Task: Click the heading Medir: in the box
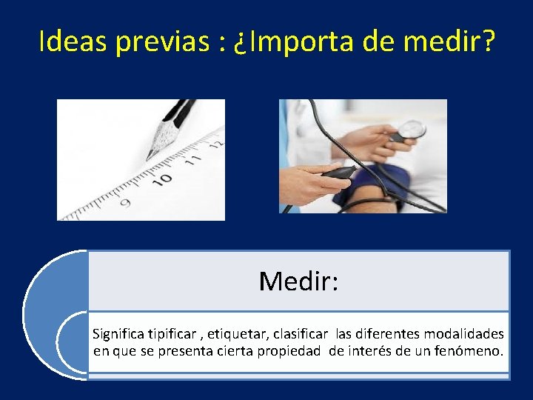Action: [298, 281]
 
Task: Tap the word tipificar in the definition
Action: [172, 334]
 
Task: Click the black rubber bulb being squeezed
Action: [341, 173]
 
